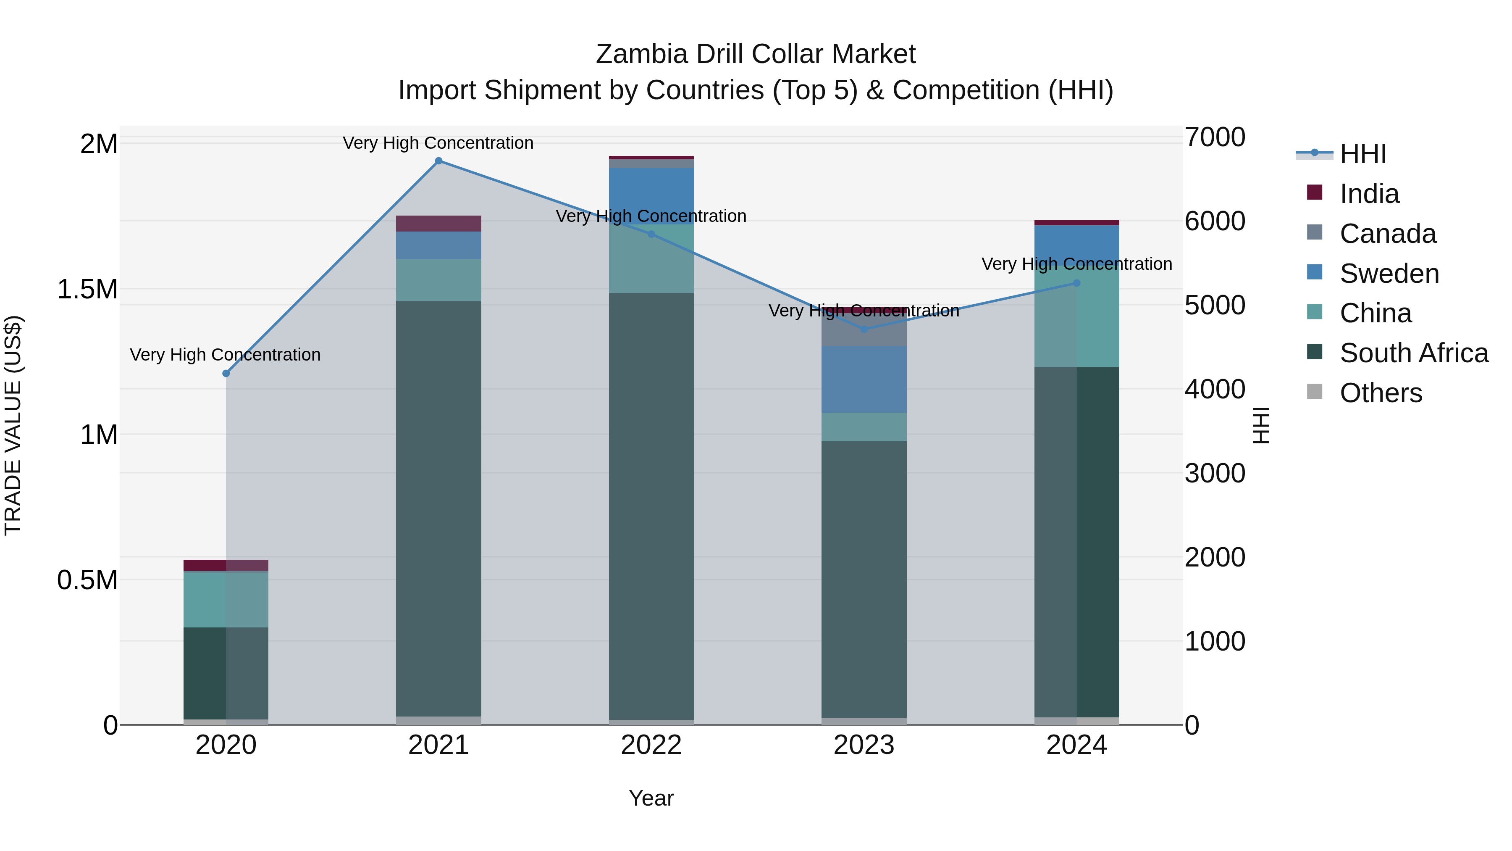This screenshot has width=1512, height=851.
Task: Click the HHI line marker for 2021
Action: [x=438, y=161]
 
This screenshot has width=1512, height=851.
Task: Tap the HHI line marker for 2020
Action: [x=226, y=374]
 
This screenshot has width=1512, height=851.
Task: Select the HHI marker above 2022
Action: [x=651, y=234]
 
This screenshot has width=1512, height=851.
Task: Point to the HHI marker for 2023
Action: [x=864, y=329]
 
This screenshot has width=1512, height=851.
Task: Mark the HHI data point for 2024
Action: [x=1076, y=283]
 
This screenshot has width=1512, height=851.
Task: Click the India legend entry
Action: [x=1369, y=194]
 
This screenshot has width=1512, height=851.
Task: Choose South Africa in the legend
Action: [x=1413, y=353]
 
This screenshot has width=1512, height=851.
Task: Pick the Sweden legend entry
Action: [x=1389, y=274]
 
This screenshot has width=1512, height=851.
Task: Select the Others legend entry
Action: [x=1381, y=393]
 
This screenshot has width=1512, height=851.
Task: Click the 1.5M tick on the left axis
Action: [x=87, y=290]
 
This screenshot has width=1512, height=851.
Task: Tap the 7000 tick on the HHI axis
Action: [x=1214, y=137]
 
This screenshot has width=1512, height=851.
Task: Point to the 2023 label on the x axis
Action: [x=864, y=745]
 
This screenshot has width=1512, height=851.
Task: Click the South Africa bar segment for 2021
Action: [x=438, y=508]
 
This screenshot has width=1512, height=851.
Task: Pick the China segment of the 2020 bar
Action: [x=226, y=599]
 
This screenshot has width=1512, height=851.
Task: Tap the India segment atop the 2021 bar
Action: [x=438, y=224]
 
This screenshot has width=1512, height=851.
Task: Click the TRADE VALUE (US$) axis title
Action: [x=13, y=425]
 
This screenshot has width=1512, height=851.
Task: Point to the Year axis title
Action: [x=651, y=798]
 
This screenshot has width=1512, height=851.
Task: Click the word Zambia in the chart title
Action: [x=641, y=55]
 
